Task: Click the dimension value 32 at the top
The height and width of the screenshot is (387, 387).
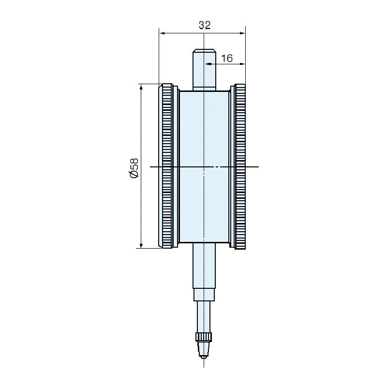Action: (x=205, y=25)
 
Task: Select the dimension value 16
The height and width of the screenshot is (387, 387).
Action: (x=226, y=59)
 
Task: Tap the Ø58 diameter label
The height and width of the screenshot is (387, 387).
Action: (x=134, y=167)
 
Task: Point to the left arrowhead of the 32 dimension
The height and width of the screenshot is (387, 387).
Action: (x=162, y=33)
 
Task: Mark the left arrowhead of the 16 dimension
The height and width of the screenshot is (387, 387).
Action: (x=208, y=63)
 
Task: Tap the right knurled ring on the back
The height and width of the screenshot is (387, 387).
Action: (x=240, y=166)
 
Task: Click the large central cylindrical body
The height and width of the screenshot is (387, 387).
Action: (x=204, y=166)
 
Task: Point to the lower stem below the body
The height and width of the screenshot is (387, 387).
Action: (x=204, y=266)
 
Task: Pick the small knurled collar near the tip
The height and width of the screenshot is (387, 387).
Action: (x=204, y=337)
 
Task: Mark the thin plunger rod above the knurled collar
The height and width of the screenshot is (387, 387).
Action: (x=204, y=317)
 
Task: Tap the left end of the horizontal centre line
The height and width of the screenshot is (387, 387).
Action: (x=151, y=167)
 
